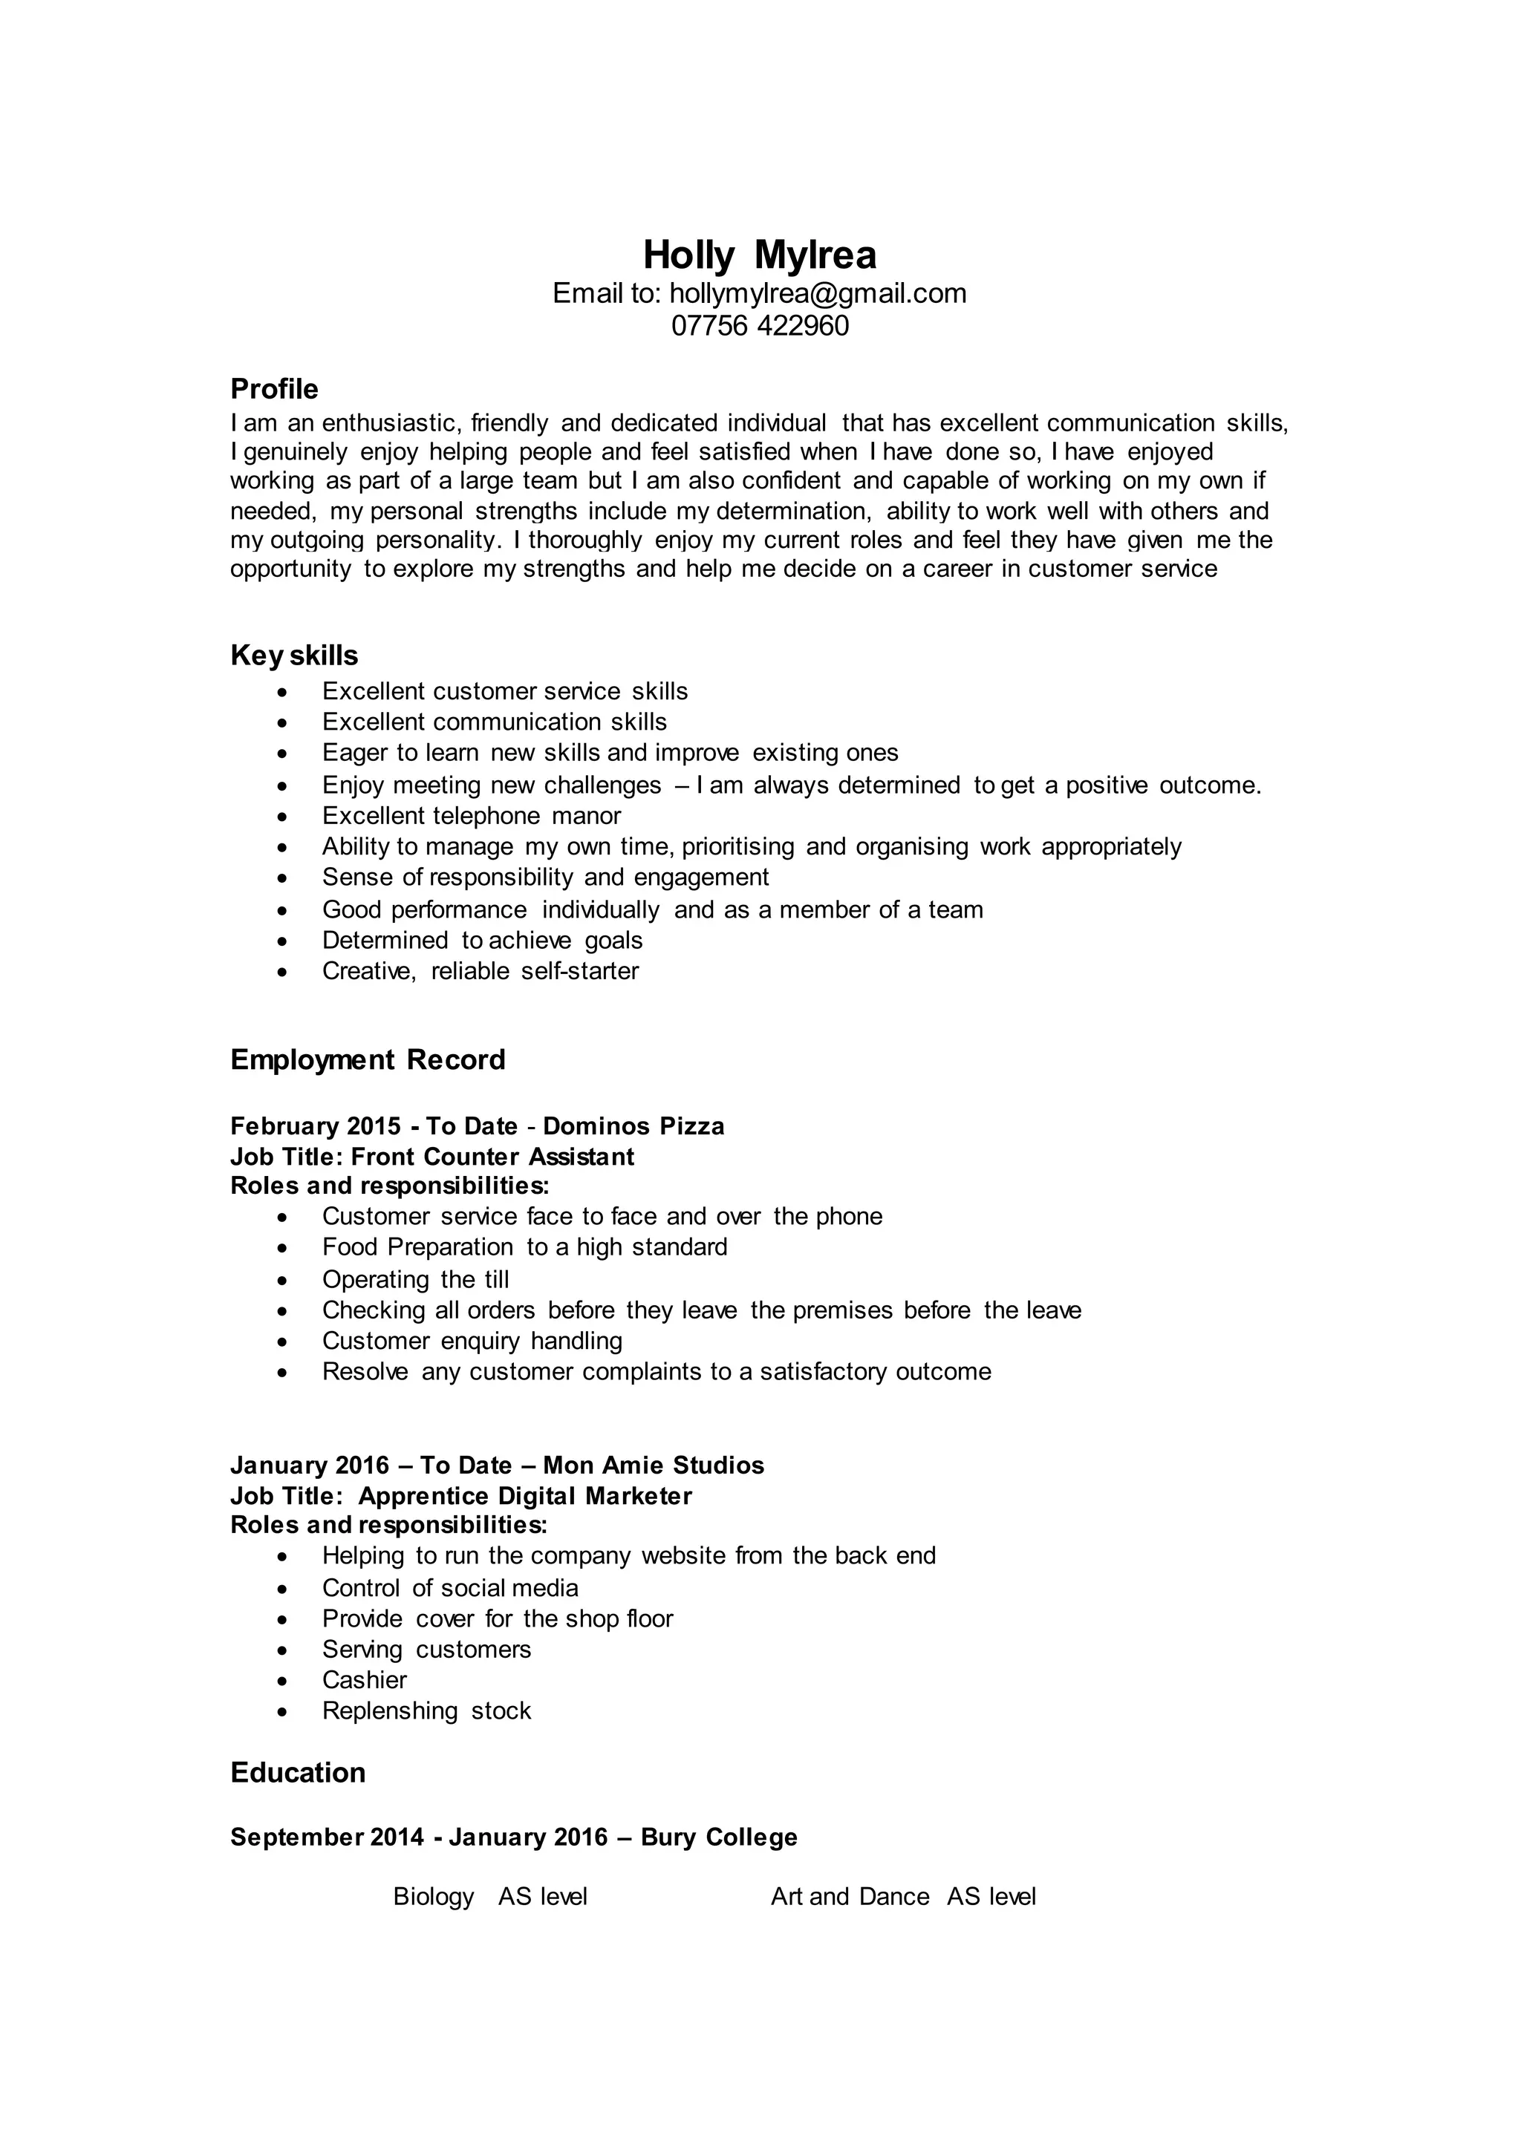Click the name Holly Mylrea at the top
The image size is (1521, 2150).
coord(760,255)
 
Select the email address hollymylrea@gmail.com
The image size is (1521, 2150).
coord(818,294)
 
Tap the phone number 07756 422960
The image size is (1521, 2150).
coord(760,326)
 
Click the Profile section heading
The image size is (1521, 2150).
coord(274,388)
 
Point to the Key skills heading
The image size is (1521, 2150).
coord(294,656)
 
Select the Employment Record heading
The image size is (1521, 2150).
coord(367,1059)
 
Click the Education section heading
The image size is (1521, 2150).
coord(298,1773)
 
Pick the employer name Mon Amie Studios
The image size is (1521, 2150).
coord(653,1466)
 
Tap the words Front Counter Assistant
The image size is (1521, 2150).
coord(492,1157)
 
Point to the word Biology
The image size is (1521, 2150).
coord(434,1897)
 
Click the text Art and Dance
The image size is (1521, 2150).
coord(850,1897)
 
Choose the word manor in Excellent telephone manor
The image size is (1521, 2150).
coord(586,816)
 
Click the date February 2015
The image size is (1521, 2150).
coord(316,1125)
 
